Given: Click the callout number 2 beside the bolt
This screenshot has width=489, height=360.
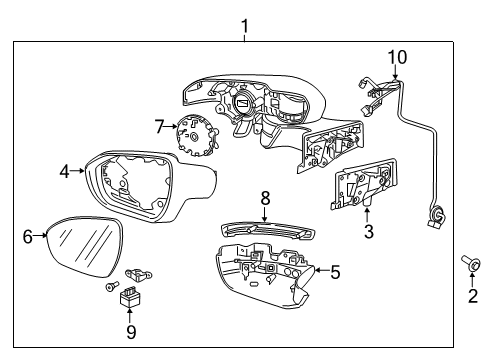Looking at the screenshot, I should pos(473,295).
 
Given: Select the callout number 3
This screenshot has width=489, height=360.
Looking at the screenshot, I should pos(369,232).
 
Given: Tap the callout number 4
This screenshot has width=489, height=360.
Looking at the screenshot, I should pos(65,172).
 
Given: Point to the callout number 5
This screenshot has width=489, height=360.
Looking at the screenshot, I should pos(334,269).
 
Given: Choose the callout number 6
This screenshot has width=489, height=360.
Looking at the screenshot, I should pos(28,236).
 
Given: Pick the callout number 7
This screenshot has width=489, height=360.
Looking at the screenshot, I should pos(159,126).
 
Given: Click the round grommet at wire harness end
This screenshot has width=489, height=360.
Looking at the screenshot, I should pos(436,213).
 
